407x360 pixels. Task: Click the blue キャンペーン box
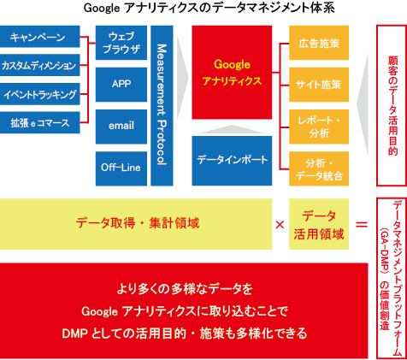point(39,37)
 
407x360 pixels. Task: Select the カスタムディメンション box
point(39,65)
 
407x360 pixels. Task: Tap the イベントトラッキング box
point(39,94)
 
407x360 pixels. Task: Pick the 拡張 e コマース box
point(39,122)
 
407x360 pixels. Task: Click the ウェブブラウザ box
point(121,43)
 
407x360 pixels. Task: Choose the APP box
point(121,85)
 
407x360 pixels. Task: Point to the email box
point(121,127)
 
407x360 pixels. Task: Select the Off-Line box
point(121,168)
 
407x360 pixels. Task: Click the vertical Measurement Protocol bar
point(162,106)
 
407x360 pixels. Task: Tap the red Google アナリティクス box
point(232,73)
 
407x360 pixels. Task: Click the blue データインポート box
point(232,161)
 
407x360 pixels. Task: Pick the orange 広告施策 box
point(319,43)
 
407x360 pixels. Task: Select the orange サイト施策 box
point(319,85)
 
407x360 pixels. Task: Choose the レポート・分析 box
point(319,127)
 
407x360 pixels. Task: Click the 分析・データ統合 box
point(319,168)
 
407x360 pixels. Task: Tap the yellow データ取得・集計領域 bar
point(136,224)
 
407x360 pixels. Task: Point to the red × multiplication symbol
point(280,225)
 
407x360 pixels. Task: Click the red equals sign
point(362,225)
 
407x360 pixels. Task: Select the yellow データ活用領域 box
point(319,224)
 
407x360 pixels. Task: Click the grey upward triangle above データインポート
point(232,130)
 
